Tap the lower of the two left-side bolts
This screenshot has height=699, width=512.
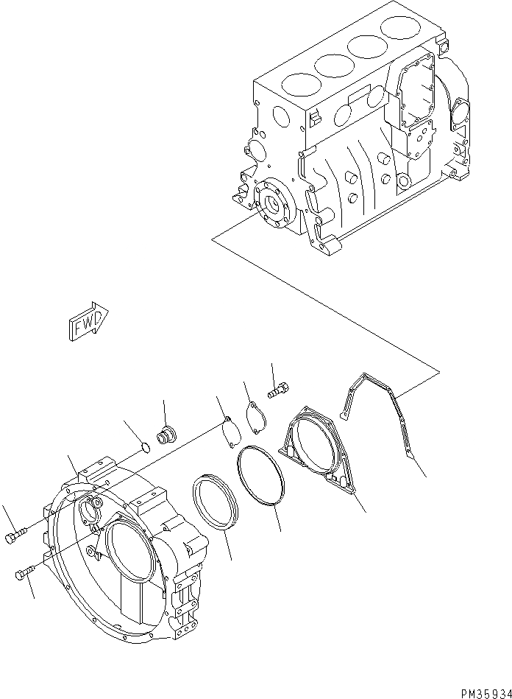[26, 574]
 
